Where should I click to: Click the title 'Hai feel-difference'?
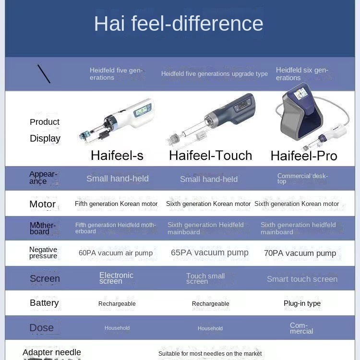[179, 24]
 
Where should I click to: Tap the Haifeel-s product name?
[117, 156]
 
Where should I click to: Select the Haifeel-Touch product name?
[211, 156]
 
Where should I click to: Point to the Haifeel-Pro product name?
[304, 156]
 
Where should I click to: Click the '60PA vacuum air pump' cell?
[116, 253]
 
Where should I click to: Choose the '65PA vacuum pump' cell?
[210, 252]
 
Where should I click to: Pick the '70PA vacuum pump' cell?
[300, 253]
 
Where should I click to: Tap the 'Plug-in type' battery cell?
[302, 303]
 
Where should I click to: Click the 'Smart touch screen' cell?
[302, 279]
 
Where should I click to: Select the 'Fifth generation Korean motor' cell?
[116, 204]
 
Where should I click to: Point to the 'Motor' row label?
[42, 204]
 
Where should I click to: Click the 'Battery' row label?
[44, 303]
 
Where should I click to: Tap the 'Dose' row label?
[42, 328]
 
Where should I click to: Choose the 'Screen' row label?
[45, 278]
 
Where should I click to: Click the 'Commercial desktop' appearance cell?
[302, 179]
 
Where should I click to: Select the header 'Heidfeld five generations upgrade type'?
[215, 74]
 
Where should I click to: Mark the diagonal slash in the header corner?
[44, 74]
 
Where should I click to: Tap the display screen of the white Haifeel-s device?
[142, 111]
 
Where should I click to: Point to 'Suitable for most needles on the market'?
[210, 354]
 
